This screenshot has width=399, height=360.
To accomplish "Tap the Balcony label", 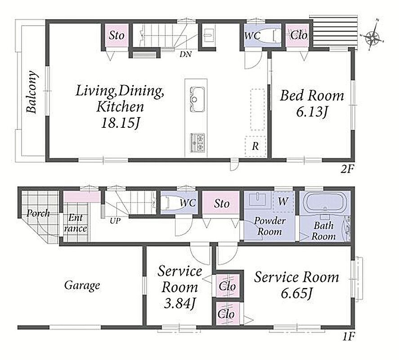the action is point(32,92).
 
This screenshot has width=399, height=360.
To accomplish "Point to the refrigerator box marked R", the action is point(255,146).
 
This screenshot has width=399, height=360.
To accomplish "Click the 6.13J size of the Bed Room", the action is point(311,112).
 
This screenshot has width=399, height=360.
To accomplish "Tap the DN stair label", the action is point(185,54).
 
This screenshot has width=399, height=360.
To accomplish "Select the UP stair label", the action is point(115,221).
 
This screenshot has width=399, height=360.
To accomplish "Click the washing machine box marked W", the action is point(283,202).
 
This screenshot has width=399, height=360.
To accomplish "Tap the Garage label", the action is point(82,285).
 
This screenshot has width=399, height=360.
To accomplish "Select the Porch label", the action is point(38,213).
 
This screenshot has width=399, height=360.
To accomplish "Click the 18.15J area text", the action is point(120,123).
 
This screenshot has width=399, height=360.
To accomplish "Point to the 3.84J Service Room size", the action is point(179,303).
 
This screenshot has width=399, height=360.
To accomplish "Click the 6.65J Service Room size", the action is point(296,293).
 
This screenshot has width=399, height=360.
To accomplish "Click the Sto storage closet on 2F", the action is point(117,36).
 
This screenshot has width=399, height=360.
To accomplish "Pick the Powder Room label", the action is point(270,226).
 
